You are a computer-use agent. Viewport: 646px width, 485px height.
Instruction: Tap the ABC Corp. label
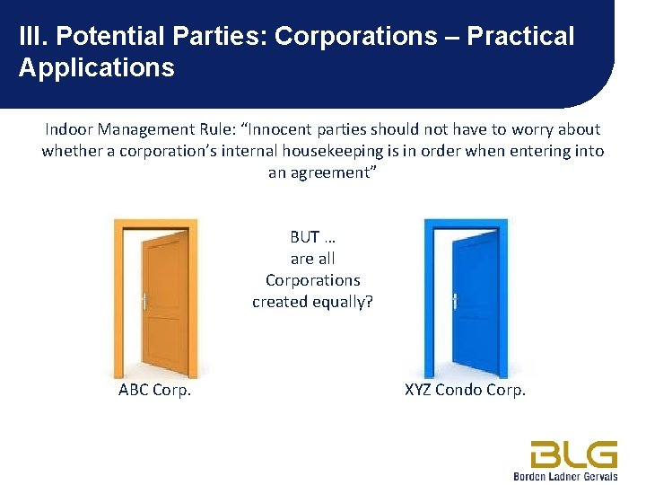(x=155, y=390)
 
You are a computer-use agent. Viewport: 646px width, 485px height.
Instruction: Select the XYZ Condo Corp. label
(x=466, y=390)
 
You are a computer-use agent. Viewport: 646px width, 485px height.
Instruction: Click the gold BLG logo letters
(x=573, y=453)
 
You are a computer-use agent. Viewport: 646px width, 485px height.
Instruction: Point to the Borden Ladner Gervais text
(x=565, y=476)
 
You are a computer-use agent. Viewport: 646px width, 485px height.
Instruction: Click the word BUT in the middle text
(x=305, y=237)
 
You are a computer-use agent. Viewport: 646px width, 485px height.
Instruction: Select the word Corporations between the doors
(x=312, y=280)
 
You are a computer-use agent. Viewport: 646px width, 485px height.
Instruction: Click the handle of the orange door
(x=144, y=302)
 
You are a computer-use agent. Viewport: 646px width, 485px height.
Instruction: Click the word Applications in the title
(x=96, y=67)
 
